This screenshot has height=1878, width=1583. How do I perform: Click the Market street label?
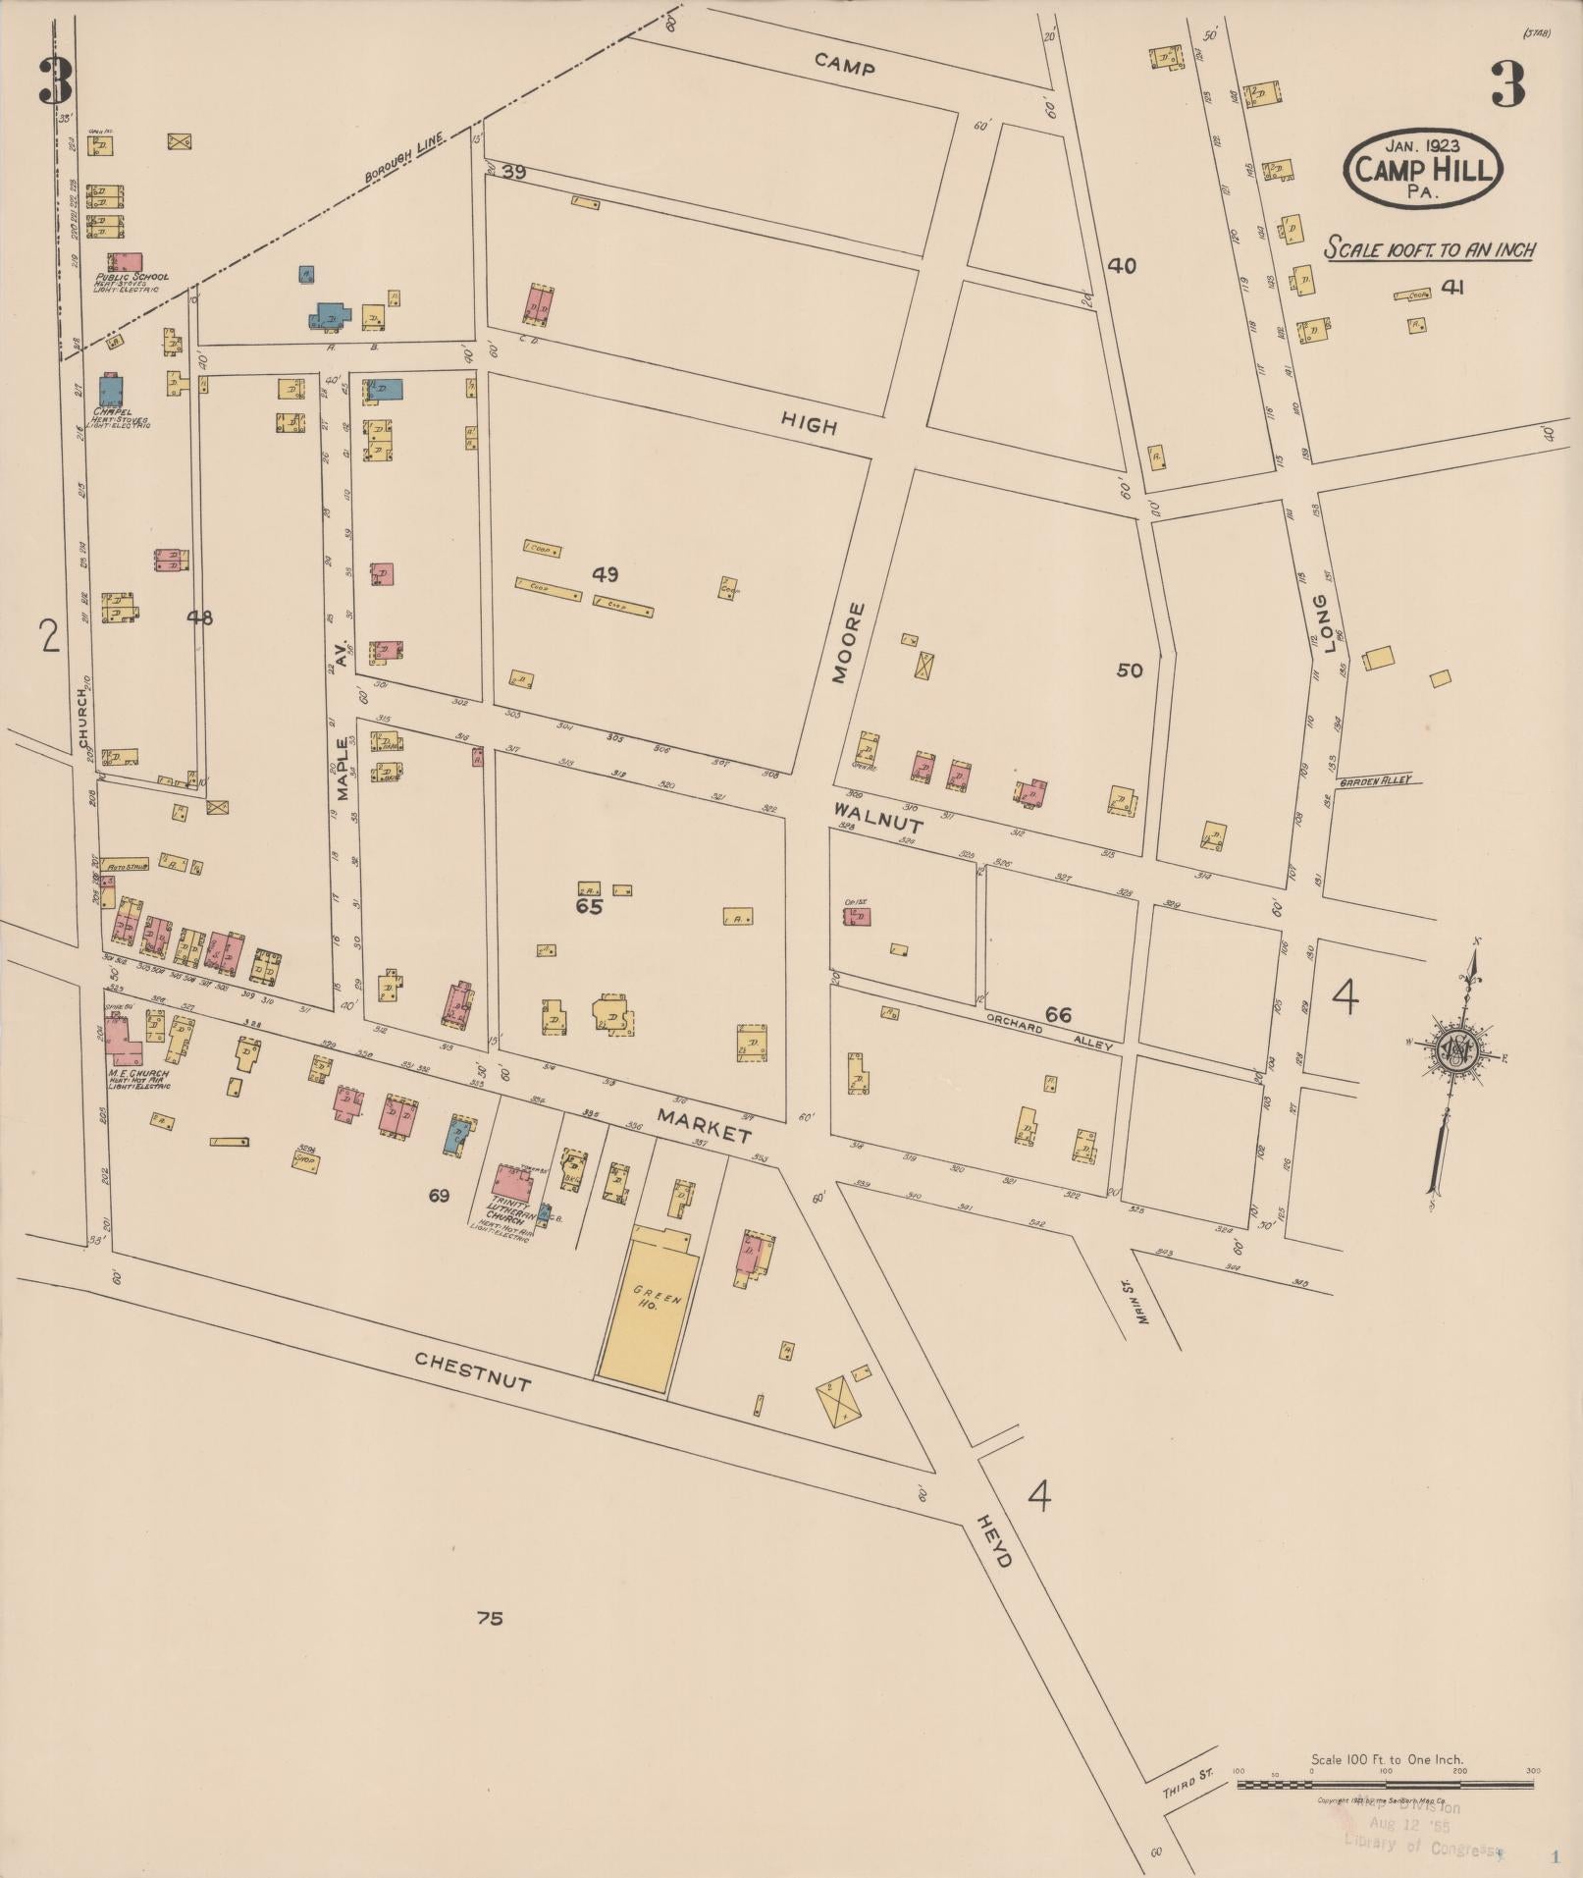click(704, 1126)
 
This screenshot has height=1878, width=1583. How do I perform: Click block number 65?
click(589, 907)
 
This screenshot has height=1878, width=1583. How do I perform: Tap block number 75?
click(490, 1618)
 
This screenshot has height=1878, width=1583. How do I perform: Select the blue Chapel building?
click(111, 390)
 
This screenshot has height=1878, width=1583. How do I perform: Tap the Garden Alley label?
click(1379, 780)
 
